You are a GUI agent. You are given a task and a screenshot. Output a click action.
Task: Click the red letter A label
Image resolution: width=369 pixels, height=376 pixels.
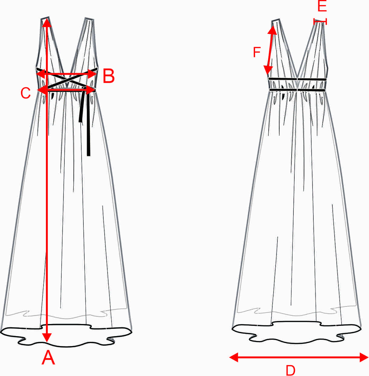pyautogui.click(x=48, y=358)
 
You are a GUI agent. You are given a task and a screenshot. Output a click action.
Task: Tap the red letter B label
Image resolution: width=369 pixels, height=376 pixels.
pyautogui.click(x=108, y=76)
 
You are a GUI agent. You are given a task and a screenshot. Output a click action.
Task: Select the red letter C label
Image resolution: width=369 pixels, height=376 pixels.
pyautogui.click(x=26, y=93)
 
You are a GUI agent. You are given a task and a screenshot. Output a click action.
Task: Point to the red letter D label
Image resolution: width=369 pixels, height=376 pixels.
pyautogui.click(x=290, y=370)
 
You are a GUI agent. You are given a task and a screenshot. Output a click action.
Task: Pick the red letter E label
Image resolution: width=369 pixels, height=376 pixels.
pyautogui.click(x=322, y=6)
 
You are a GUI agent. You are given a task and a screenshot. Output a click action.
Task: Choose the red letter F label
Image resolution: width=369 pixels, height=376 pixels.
pyautogui.click(x=257, y=52)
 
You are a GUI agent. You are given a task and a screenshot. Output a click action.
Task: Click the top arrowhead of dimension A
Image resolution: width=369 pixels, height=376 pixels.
pyautogui.click(x=47, y=23)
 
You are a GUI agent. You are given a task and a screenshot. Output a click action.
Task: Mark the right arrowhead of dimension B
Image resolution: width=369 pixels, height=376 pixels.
pyautogui.click(x=92, y=74)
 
